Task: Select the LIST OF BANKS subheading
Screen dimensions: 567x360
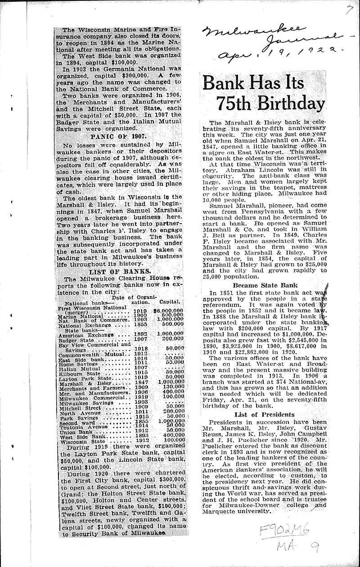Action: pyautogui.click(x=112, y=272)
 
